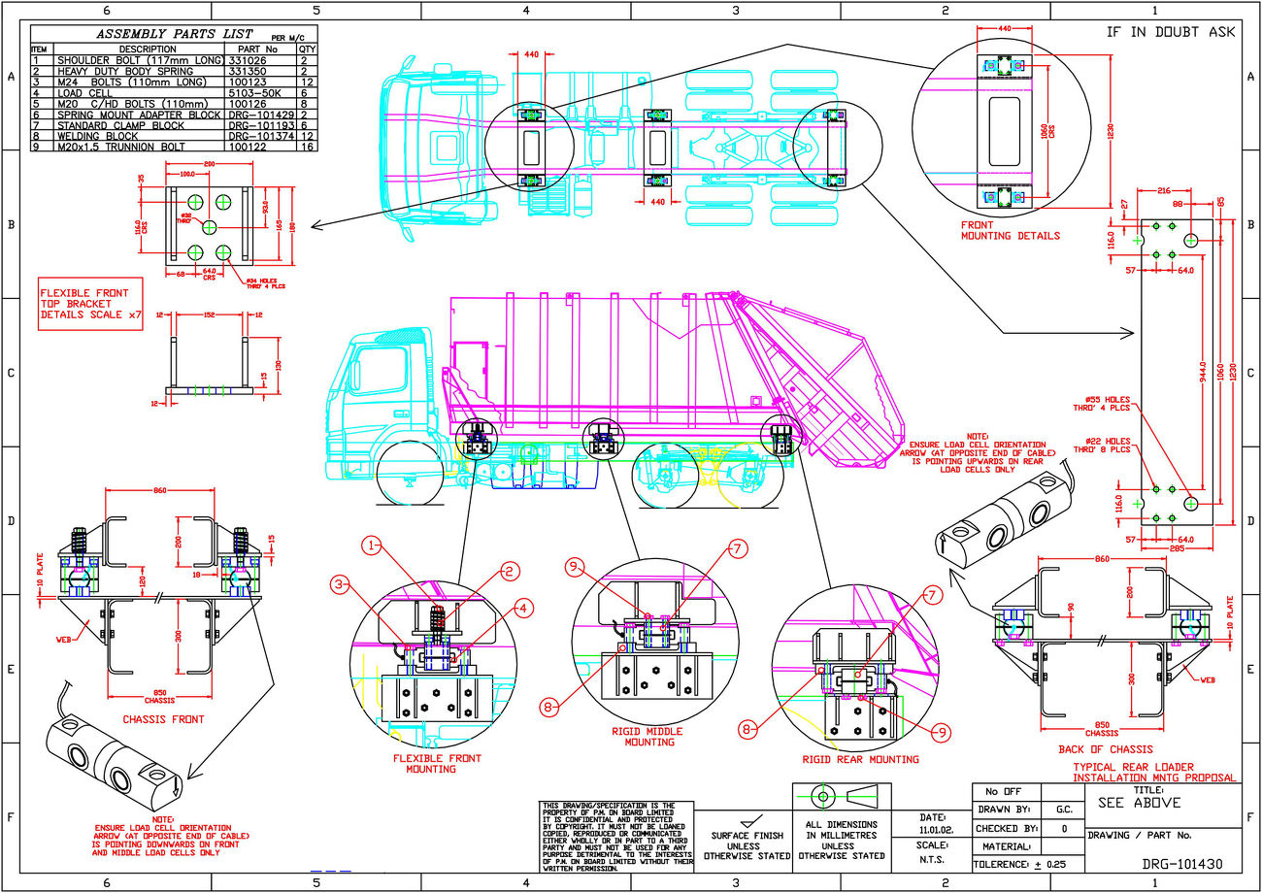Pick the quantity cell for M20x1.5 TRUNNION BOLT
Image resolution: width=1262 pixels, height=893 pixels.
click(x=307, y=148)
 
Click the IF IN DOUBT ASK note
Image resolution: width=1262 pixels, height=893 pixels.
click(x=1171, y=31)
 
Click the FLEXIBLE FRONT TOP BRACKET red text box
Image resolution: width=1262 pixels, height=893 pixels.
click(x=90, y=303)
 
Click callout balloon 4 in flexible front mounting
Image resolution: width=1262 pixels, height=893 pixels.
click(x=522, y=609)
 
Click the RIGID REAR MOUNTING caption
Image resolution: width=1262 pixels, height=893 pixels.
click(x=860, y=759)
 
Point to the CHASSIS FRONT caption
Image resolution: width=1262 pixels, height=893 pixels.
click(x=163, y=719)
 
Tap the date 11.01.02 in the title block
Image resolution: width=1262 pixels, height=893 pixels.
click(x=933, y=830)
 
